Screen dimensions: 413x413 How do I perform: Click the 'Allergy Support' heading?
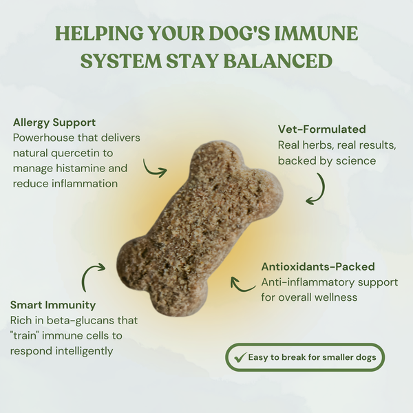click(54, 123)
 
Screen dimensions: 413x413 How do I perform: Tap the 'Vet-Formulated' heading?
click(321, 129)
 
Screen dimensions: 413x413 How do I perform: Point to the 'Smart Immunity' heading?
click(53, 305)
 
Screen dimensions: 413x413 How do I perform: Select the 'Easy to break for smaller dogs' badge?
click(305, 357)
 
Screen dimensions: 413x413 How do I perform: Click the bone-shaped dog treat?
click(200, 227)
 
